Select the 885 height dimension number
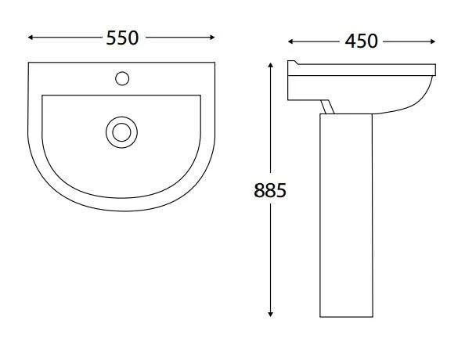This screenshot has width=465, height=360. (x=271, y=190)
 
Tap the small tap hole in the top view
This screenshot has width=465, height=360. (x=121, y=77)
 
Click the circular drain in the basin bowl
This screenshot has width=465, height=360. (x=121, y=131)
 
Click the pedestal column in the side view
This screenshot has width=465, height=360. (x=346, y=219)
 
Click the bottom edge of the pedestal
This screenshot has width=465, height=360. (x=346, y=316)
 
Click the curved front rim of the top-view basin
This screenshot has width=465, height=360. (x=121, y=210)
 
